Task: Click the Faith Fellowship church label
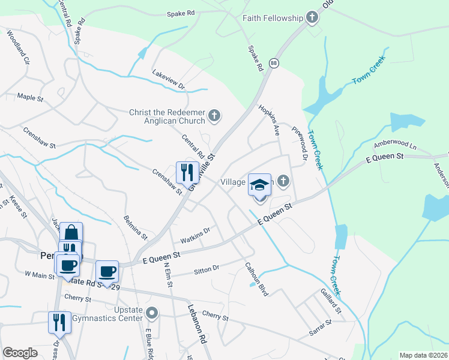[x=273, y=18]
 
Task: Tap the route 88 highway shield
[x=274, y=63]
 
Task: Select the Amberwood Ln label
[x=394, y=145]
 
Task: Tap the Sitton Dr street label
[x=208, y=271]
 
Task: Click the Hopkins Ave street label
[x=269, y=118]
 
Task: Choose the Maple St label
[x=31, y=96]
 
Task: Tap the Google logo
[x=20, y=353]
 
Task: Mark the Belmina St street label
[x=136, y=227]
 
